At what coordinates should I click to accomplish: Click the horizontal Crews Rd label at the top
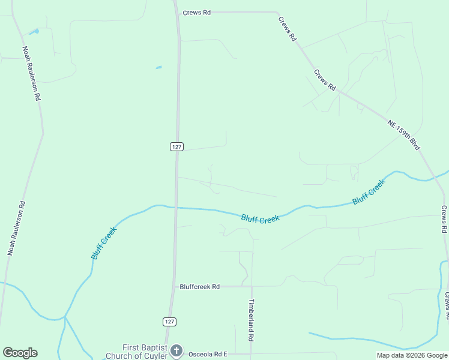[x=197, y=12]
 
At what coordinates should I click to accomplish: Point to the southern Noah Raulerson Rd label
[x=16, y=228]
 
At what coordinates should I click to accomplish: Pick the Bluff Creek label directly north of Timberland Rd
[x=260, y=218]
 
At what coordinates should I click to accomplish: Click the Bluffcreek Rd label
[x=200, y=287]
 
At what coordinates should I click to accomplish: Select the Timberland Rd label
[x=252, y=320]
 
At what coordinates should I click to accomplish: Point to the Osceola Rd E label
[x=208, y=354]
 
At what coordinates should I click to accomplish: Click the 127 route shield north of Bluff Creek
[x=176, y=146]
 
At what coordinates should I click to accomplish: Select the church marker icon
[x=176, y=350]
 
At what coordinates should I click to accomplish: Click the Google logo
[x=20, y=353]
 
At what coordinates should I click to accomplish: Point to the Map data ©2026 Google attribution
[x=412, y=355]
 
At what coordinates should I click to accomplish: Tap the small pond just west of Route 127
[x=158, y=67]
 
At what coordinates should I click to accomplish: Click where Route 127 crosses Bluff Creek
[x=176, y=208]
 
